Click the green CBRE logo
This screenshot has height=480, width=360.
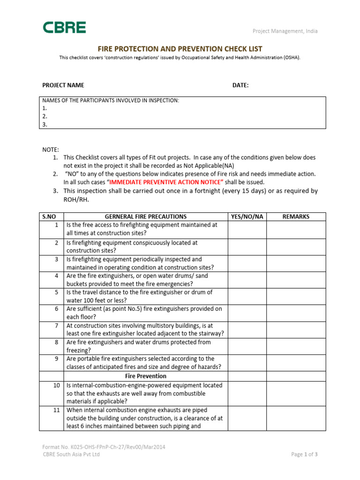(x=65, y=28)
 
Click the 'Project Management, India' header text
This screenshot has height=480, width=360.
(x=285, y=31)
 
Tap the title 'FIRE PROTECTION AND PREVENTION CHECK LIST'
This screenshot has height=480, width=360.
(x=180, y=49)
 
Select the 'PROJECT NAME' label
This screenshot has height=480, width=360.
(x=63, y=85)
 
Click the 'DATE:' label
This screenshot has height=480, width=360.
(x=240, y=85)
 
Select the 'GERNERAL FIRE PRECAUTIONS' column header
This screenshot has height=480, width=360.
(x=145, y=217)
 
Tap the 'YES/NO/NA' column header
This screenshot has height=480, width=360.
(x=247, y=217)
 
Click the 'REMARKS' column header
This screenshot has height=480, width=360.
(x=296, y=217)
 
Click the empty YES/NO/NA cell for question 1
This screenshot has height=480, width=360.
(x=247, y=229)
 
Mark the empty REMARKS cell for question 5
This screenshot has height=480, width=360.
(x=296, y=296)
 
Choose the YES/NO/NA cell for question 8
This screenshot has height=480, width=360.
(x=247, y=346)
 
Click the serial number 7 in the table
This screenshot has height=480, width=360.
(x=56, y=325)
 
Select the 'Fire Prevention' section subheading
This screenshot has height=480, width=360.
(x=145, y=376)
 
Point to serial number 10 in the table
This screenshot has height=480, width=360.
(x=55, y=385)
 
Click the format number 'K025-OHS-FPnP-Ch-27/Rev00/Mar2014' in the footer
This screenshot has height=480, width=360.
(x=104, y=447)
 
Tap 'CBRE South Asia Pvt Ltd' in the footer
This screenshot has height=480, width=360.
(x=71, y=454)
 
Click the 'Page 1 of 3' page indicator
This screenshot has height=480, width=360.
(x=304, y=454)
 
